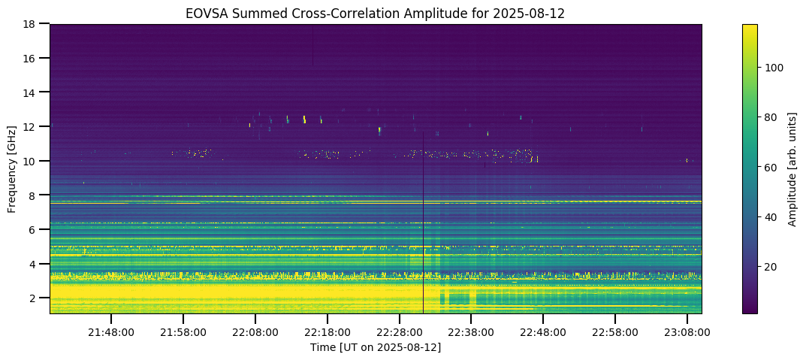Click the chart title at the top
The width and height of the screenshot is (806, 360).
click(376, 13)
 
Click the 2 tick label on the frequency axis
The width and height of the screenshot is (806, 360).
click(34, 298)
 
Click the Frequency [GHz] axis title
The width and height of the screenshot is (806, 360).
click(13, 168)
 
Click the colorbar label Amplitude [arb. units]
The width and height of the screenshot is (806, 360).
click(792, 168)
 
